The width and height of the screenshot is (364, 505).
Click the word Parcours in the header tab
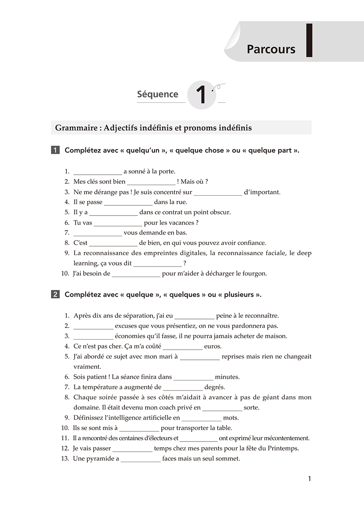271,49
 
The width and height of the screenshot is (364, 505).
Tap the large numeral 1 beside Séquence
201,95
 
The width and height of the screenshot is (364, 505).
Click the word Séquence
157,94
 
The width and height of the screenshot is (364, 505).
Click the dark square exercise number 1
55,150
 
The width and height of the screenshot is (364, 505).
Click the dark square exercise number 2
55,294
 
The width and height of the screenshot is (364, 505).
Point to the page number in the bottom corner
309,479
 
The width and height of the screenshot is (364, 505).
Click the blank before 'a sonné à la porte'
97,172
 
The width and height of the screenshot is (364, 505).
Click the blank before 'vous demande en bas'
97,233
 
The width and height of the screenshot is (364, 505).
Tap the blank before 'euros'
182,347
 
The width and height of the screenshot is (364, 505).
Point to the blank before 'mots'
201,418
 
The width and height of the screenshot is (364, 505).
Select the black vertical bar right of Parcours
309,40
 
